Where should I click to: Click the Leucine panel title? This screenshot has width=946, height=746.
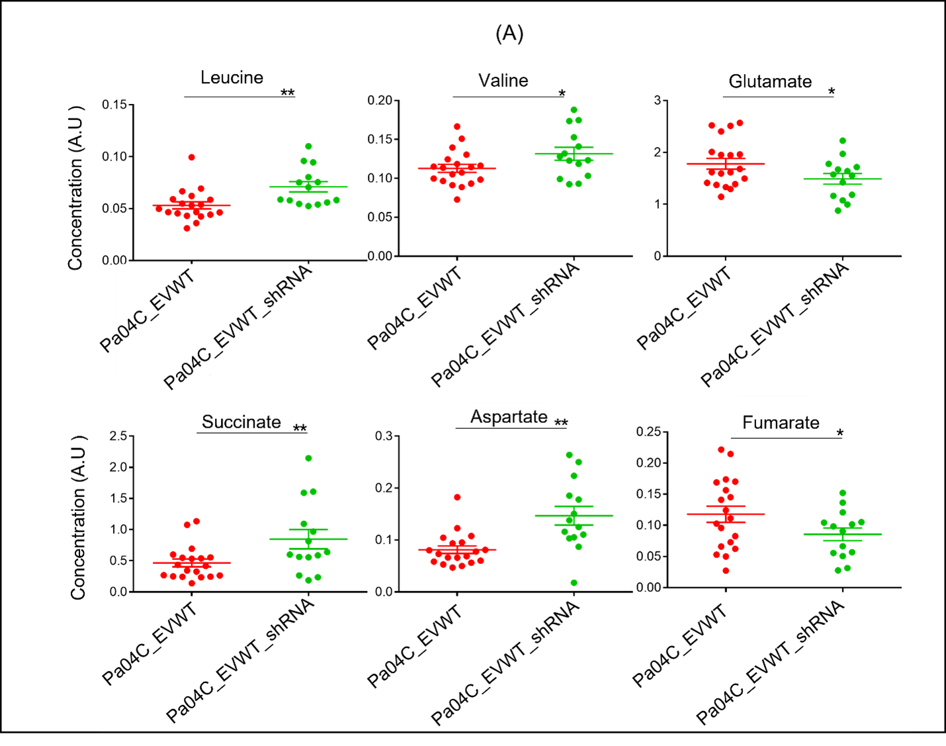[x=232, y=77]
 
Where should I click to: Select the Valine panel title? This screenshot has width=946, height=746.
[x=503, y=81]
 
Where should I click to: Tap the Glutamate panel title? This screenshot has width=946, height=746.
[x=770, y=81]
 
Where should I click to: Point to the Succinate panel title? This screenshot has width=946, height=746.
[x=241, y=422]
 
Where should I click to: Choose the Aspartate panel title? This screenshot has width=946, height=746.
[x=509, y=416]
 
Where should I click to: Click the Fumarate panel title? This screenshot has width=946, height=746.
[x=781, y=423]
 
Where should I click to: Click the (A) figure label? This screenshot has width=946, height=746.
[x=509, y=34]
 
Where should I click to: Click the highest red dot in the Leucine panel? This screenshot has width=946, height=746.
[x=192, y=157]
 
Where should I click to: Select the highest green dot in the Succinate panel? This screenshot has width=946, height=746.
[x=308, y=458]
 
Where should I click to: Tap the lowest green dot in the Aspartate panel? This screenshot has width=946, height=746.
[x=574, y=583]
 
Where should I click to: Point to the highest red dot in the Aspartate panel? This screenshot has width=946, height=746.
[x=457, y=497]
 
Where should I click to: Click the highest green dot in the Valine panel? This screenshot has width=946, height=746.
[x=574, y=110]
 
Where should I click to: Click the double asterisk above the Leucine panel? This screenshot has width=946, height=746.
[x=288, y=93]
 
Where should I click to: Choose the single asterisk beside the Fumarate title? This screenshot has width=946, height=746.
[x=840, y=434]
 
